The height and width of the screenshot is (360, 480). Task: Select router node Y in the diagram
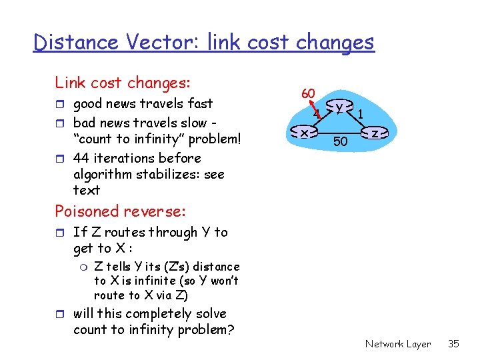[340, 107]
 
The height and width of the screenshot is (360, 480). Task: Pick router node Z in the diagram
[375, 134]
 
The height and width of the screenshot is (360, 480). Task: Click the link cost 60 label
[307, 94]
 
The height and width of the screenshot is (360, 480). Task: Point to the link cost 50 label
[340, 141]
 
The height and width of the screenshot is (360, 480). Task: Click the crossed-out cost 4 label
[318, 115]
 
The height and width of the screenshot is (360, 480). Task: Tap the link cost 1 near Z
[360, 114]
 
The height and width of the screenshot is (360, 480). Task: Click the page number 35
[453, 344]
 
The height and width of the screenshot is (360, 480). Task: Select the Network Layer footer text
[398, 344]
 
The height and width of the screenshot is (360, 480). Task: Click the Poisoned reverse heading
[120, 211]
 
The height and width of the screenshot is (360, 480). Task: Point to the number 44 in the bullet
[81, 158]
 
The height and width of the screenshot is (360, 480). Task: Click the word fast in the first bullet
[200, 104]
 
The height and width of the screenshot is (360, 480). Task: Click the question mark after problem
[230, 329]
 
